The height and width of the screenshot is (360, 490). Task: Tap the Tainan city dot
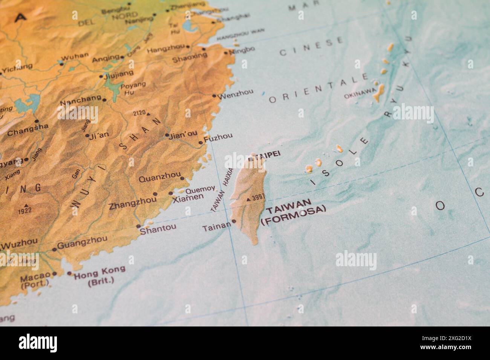coord(234,221)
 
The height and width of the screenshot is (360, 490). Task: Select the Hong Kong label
coord(100,269)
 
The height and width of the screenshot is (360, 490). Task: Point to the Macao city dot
coord(55,274)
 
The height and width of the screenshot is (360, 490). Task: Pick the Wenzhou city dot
coord(214,96)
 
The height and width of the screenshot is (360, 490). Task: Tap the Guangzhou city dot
coord(55,249)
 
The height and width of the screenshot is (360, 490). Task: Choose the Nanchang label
coord(80,101)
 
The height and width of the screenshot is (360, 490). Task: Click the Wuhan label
coord(74,56)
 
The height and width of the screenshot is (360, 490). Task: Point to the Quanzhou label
coord(159,179)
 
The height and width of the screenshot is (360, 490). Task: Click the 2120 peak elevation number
coord(139,113)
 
